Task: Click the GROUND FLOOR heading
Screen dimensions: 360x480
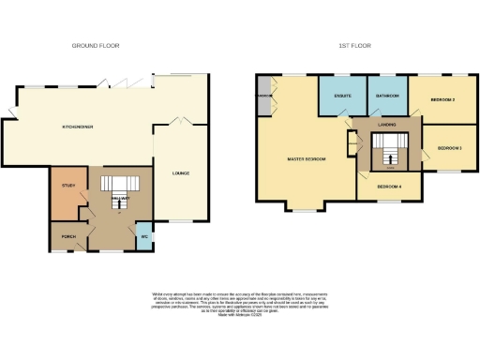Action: click(x=97, y=45)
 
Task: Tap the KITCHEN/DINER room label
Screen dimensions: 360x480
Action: click(x=77, y=127)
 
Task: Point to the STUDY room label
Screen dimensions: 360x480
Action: click(x=67, y=186)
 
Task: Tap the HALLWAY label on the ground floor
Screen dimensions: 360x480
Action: click(x=118, y=199)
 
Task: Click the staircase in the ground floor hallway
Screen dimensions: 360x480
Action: click(x=119, y=184)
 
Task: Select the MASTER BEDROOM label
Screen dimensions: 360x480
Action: click(x=306, y=159)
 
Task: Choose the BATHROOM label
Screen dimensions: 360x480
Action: click(x=387, y=97)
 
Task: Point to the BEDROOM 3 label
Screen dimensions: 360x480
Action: click(x=451, y=147)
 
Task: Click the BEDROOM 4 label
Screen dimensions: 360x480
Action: click(x=389, y=187)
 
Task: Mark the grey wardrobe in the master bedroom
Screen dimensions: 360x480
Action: click(x=264, y=97)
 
